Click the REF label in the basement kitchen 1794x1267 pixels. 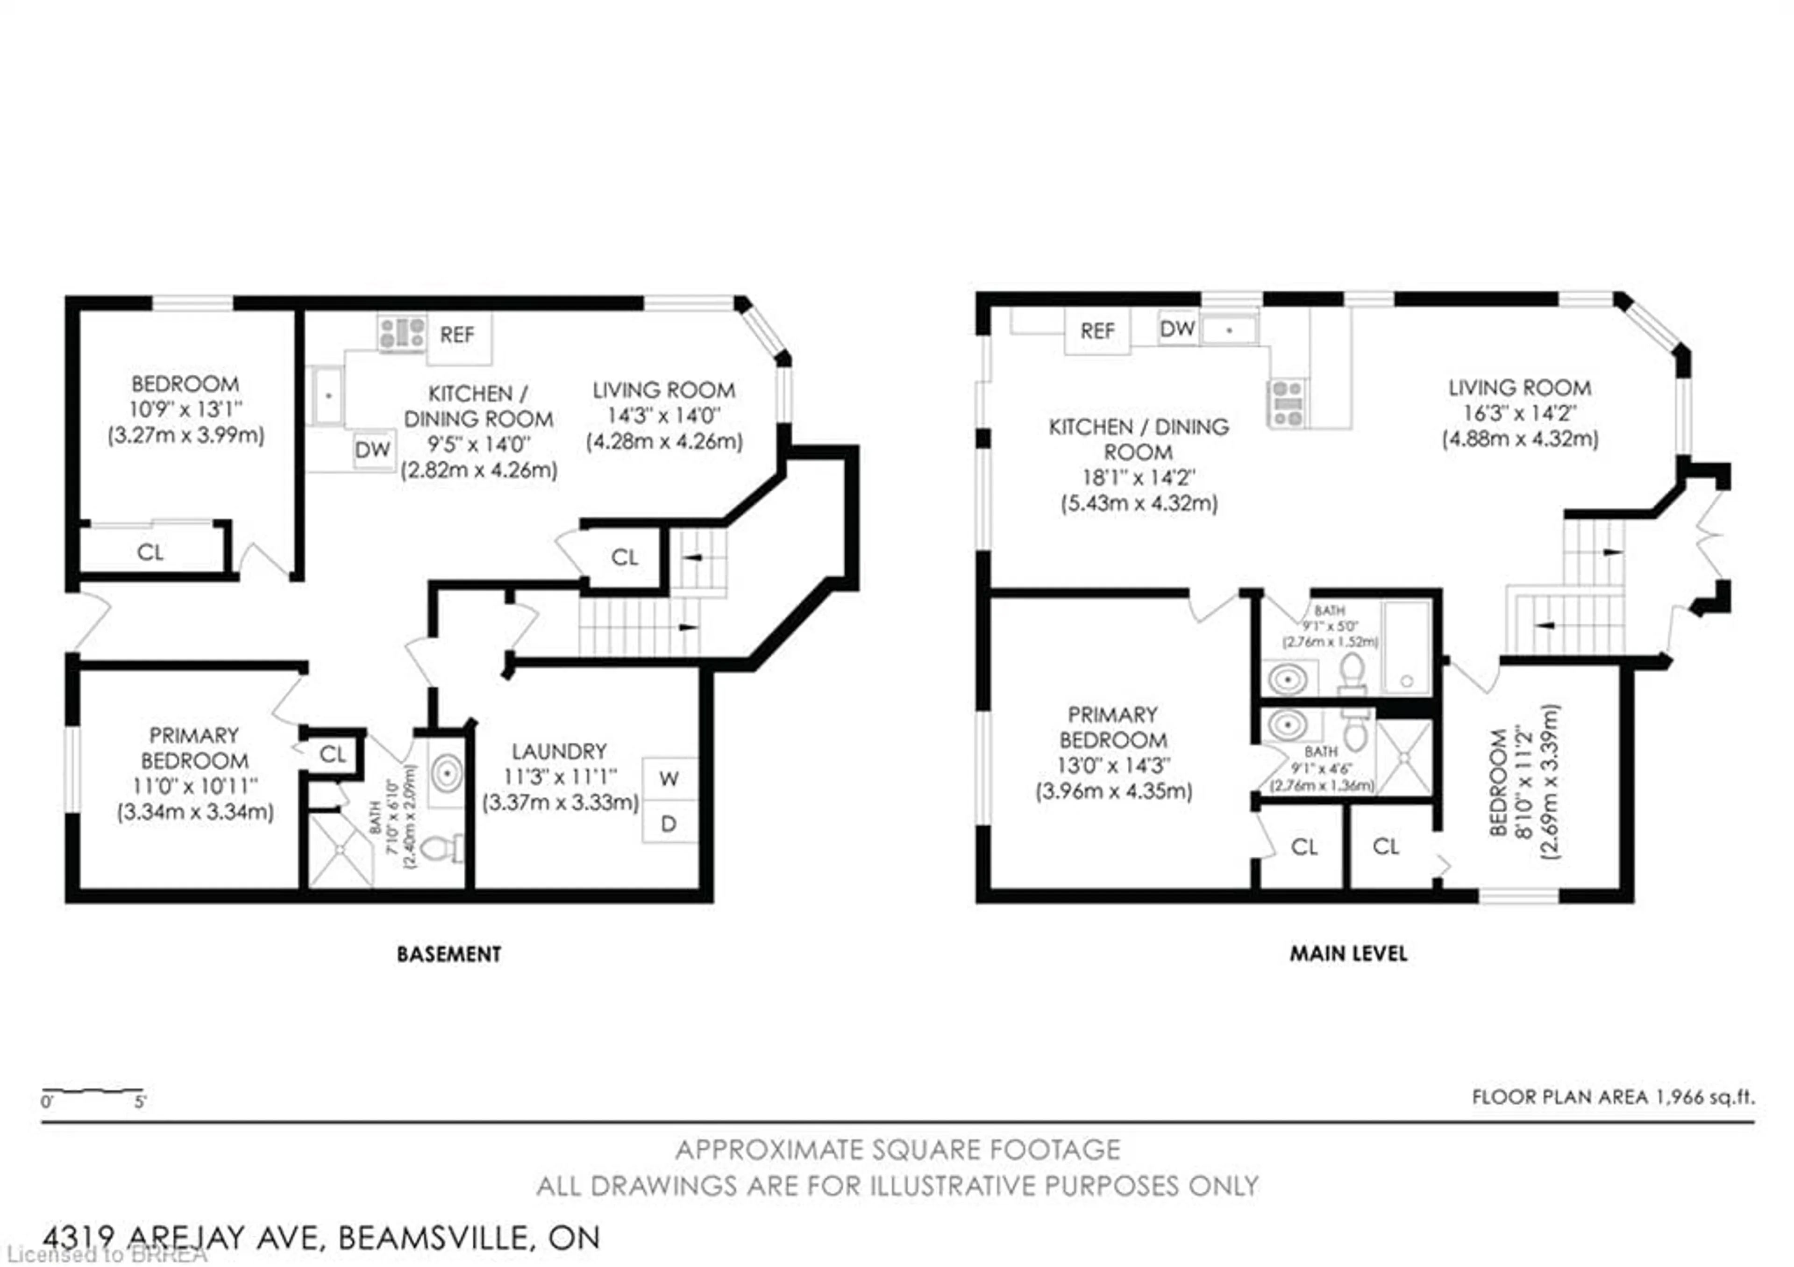[457, 335]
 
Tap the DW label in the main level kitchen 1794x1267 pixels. [1177, 329]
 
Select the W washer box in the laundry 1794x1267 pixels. [669, 779]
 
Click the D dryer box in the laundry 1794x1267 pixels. [669, 823]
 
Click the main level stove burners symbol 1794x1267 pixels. [1287, 403]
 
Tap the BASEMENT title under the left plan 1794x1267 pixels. [448, 954]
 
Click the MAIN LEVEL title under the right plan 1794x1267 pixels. [1348, 953]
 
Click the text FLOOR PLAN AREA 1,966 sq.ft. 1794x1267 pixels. [1613, 1097]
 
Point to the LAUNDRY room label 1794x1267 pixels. [559, 752]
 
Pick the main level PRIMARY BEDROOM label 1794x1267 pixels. [1113, 727]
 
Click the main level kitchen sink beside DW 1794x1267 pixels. [1229, 330]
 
